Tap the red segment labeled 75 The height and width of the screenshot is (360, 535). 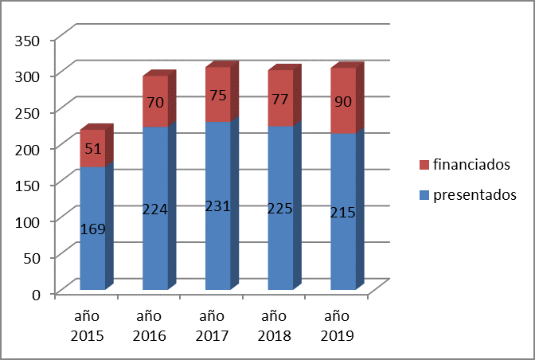[x=218, y=95]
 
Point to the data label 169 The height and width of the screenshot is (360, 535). [x=92, y=229]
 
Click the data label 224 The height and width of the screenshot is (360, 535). [x=155, y=209]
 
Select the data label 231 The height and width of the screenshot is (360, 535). [x=218, y=206]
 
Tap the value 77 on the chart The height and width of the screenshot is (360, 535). [x=280, y=100]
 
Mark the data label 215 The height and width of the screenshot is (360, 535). [x=343, y=213]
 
